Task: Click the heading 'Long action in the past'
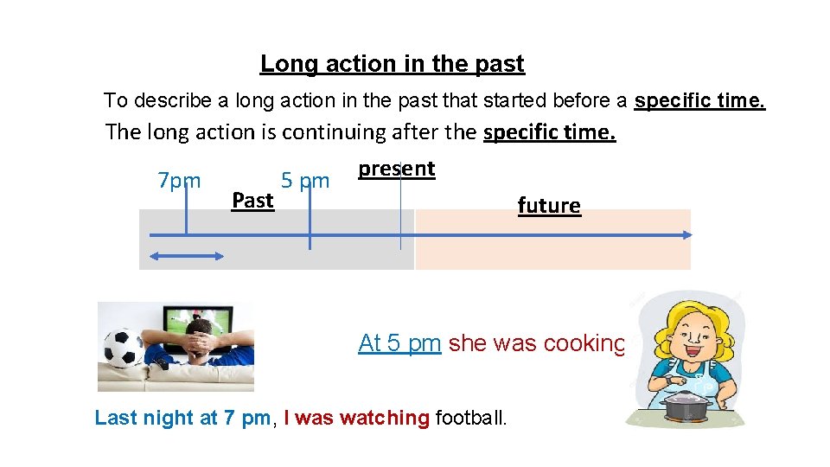click(x=392, y=64)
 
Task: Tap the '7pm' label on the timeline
click(x=179, y=181)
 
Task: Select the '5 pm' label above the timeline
click(x=305, y=181)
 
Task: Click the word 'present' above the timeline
click(x=397, y=168)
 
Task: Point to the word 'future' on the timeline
click(x=549, y=205)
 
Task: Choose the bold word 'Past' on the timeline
click(x=252, y=201)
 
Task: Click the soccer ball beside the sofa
click(x=122, y=349)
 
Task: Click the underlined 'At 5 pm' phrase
click(x=399, y=343)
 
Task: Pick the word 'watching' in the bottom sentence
click(x=385, y=418)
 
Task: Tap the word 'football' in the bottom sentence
click(x=471, y=418)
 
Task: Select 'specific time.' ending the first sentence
click(x=699, y=100)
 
